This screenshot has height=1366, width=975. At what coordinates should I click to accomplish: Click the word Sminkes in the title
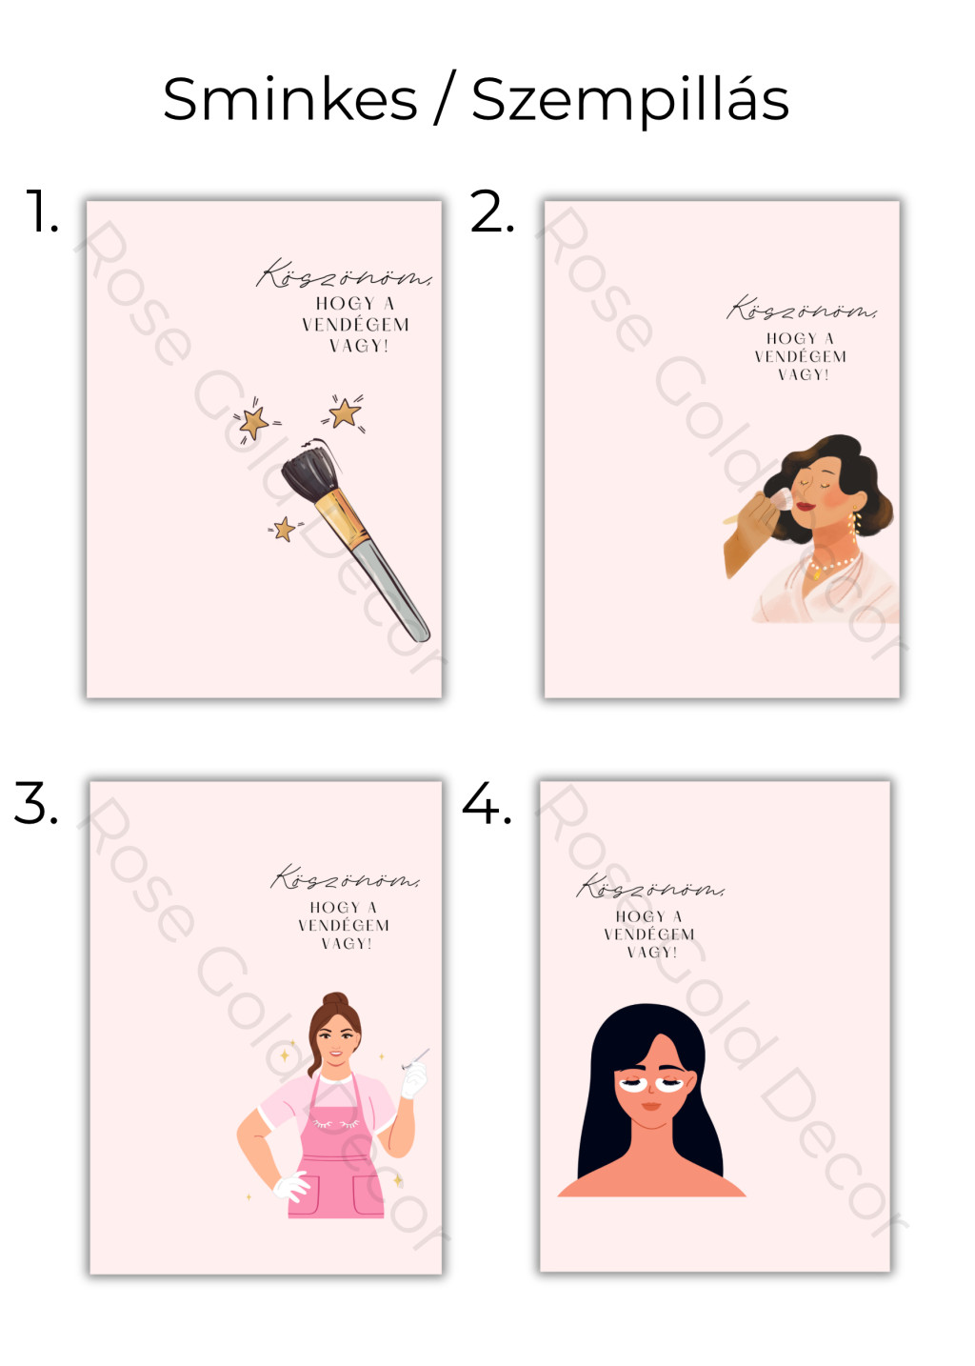click(290, 99)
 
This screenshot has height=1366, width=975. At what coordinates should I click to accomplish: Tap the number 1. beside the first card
click(42, 211)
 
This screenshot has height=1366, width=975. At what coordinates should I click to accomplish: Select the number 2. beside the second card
click(492, 211)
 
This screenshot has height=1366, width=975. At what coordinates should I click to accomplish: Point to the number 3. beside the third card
click(36, 802)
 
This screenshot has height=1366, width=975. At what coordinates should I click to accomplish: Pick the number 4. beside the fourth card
click(487, 802)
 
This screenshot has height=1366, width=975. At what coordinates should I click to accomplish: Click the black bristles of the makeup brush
click(309, 469)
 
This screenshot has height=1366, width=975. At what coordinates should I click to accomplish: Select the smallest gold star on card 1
click(284, 529)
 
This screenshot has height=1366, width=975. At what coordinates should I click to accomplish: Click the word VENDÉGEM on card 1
click(356, 325)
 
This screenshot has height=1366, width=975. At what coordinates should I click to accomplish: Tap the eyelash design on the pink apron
click(336, 1123)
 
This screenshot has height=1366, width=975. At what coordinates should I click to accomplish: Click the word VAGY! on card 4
click(652, 952)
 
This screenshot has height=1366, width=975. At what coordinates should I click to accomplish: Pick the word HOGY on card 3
click(335, 908)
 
